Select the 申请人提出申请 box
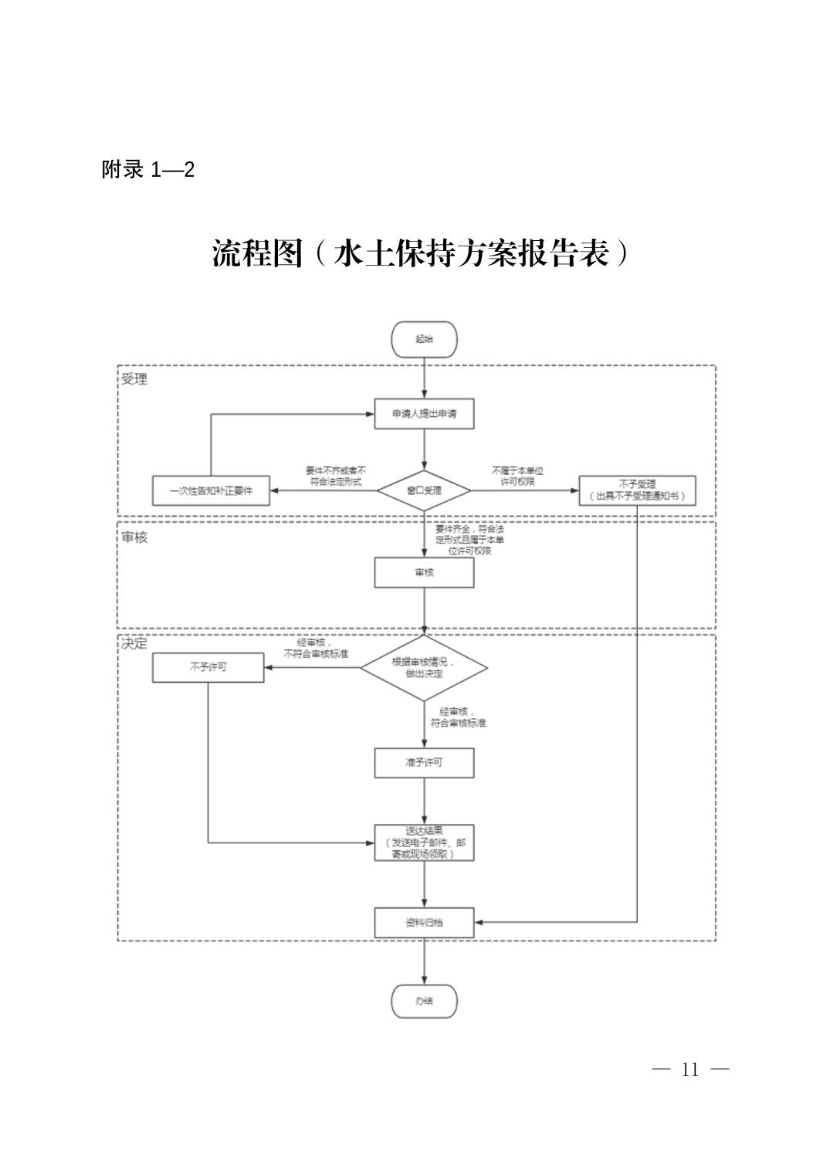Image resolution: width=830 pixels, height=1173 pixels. pyautogui.click(x=424, y=414)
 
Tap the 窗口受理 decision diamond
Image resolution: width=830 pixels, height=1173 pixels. pyautogui.click(x=424, y=490)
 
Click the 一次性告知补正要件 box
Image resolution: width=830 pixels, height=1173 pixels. pyautogui.click(x=211, y=490)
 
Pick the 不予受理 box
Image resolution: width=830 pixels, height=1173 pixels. pyautogui.click(x=637, y=490)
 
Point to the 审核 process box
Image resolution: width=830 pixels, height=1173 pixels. pyautogui.click(x=424, y=573)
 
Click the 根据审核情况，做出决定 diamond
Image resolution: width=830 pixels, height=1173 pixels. pyautogui.click(x=424, y=668)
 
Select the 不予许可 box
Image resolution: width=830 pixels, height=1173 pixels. pyautogui.click(x=208, y=667)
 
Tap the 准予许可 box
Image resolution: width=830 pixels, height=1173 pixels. pyautogui.click(x=424, y=762)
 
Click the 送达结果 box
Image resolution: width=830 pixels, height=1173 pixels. pyautogui.click(x=424, y=842)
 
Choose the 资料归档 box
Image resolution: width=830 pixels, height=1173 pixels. pyautogui.click(x=424, y=922)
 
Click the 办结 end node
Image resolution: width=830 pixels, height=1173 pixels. pyautogui.click(x=424, y=1002)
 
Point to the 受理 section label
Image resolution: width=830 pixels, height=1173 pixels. pyautogui.click(x=134, y=379)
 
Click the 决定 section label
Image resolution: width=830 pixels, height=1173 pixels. pyautogui.click(x=134, y=643)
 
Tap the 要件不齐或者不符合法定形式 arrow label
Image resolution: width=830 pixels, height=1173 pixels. pyautogui.click(x=335, y=476)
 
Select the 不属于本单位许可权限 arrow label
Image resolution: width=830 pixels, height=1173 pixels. pyautogui.click(x=517, y=476)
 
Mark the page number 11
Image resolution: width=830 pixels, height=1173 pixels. pyautogui.click(x=689, y=1070)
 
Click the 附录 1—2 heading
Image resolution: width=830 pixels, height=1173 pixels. pyautogui.click(x=147, y=170)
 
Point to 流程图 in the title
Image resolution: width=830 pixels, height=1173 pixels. pyautogui.click(x=258, y=253)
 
